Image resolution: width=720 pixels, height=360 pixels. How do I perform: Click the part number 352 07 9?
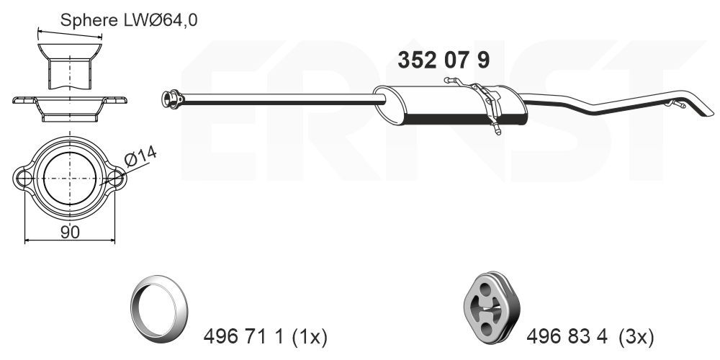[x=444, y=60]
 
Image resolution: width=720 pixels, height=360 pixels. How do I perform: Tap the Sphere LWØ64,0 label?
[x=128, y=20]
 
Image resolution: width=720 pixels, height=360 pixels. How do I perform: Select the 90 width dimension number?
[x=70, y=231]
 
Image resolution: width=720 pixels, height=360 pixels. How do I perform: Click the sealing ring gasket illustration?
[x=158, y=305]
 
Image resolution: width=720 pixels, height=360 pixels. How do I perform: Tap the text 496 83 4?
[x=568, y=336]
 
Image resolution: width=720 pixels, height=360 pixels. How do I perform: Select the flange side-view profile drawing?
[x=70, y=107]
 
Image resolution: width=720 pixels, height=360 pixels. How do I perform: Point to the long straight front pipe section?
[x=274, y=99]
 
